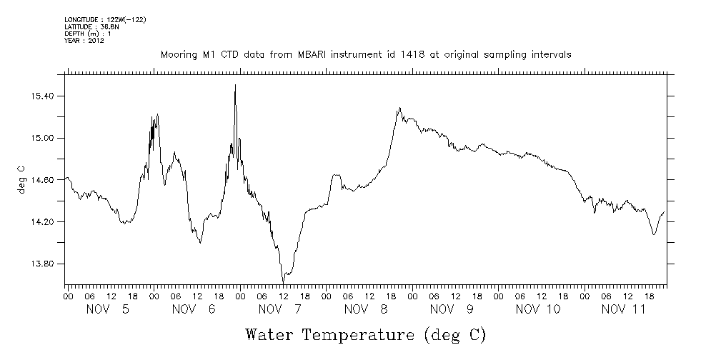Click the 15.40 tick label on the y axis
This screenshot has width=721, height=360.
point(40,96)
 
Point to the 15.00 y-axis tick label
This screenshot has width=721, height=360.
point(40,138)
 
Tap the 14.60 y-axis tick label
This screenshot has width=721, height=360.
point(40,180)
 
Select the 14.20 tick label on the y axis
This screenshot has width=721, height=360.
point(40,222)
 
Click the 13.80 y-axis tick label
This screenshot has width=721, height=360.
point(40,264)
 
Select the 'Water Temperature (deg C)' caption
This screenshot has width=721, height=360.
point(366,334)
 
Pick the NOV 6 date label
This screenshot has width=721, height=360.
point(194,309)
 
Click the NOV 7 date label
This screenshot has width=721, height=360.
point(281,309)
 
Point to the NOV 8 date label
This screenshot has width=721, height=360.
point(367,309)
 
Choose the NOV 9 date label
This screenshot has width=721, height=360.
point(452,309)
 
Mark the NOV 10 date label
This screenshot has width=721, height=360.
point(538,309)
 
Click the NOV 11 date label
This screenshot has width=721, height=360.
point(624,309)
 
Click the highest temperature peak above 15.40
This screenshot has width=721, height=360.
point(235,85)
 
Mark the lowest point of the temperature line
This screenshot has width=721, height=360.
point(283,281)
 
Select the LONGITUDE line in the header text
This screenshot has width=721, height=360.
point(105,19)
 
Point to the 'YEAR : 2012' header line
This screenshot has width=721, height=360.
point(84,40)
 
